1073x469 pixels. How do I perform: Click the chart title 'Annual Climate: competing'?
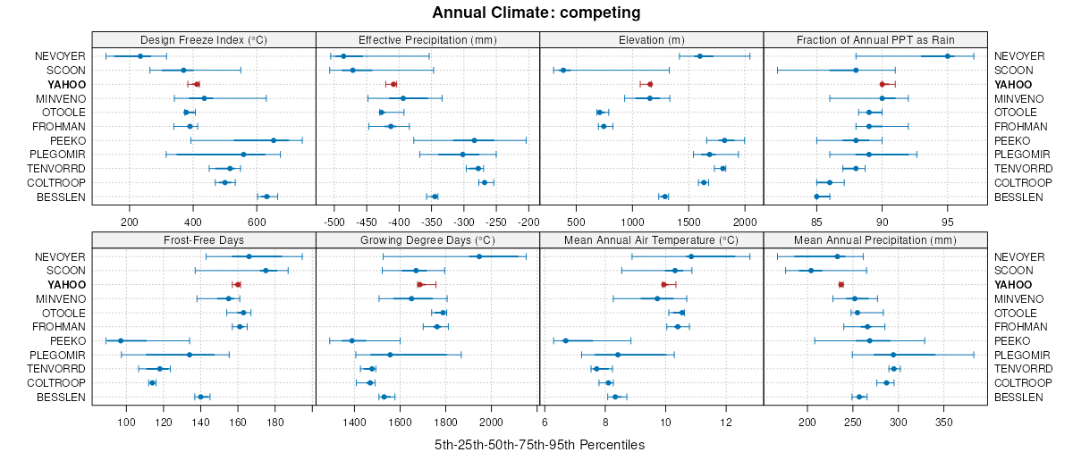[536, 13]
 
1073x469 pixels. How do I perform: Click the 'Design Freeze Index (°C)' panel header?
[204, 39]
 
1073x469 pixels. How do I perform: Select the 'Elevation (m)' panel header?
[651, 39]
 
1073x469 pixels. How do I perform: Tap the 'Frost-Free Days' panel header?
[204, 239]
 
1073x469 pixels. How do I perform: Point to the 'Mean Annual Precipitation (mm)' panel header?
[875, 239]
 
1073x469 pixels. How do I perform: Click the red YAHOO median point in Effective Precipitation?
[393, 84]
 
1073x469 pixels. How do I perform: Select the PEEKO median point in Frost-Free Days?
[121, 340]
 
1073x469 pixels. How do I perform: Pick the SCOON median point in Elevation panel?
[563, 70]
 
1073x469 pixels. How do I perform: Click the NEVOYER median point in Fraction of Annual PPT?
[947, 55]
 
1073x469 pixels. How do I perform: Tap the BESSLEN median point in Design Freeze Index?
[266, 197]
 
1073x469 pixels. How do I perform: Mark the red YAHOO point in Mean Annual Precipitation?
[841, 284]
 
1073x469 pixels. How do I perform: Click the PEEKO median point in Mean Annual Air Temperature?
[565, 340]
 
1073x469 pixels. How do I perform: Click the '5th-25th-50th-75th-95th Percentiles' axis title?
[539, 444]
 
